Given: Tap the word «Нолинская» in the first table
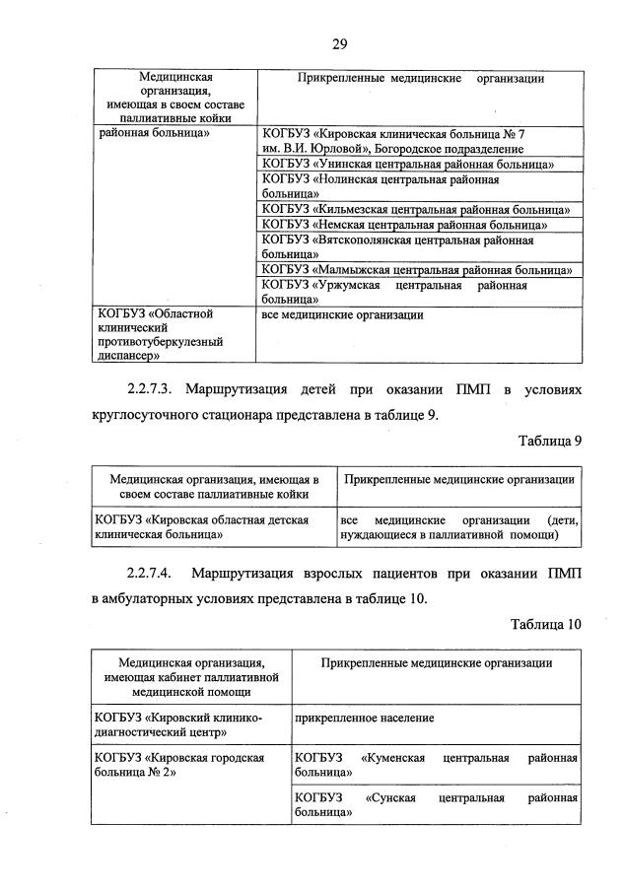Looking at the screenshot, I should click(x=350, y=179).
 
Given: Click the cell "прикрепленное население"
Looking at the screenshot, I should click(x=365, y=719).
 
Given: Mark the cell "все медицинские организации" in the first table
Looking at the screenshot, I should click(x=343, y=315).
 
